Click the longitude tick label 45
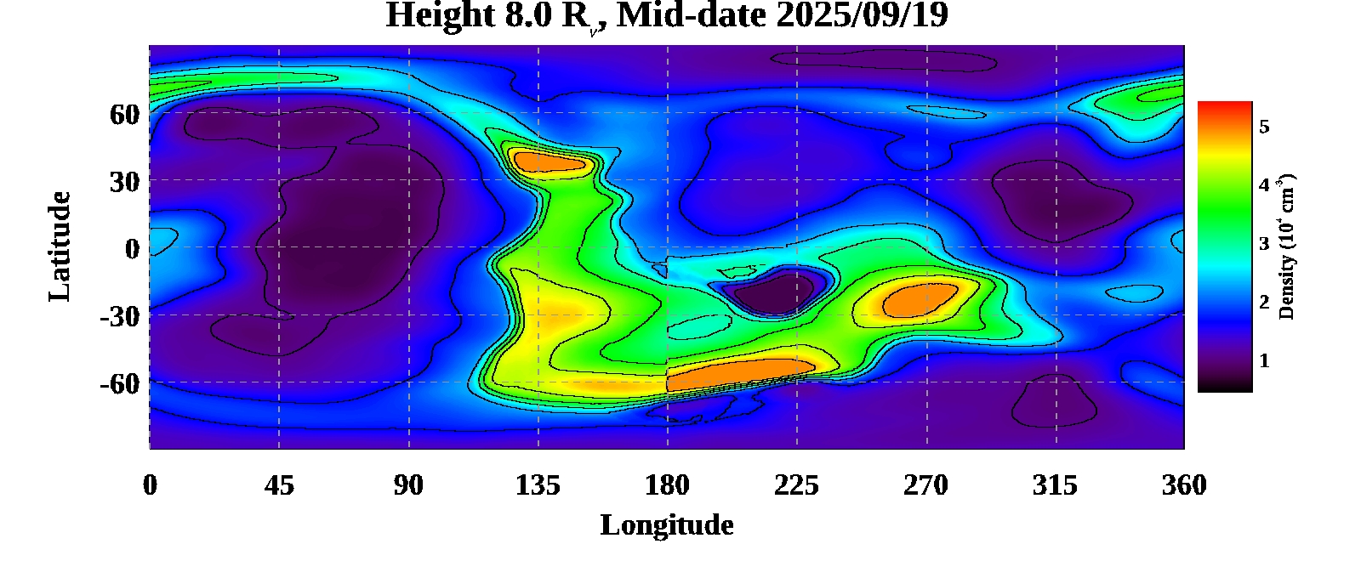[x=279, y=485]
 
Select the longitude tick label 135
[x=538, y=485]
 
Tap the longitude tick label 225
[x=796, y=485]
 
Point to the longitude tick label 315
[x=1055, y=485]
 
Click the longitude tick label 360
[x=1184, y=485]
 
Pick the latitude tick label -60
[x=119, y=383]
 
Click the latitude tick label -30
[x=119, y=316]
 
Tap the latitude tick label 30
[x=124, y=181]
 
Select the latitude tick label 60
[x=124, y=114]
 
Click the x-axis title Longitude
[x=667, y=525]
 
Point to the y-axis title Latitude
[x=60, y=246]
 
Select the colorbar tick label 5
[x=1264, y=127]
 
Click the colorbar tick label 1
[x=1264, y=360]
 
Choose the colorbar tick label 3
[x=1264, y=244]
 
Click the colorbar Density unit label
[x=1286, y=246]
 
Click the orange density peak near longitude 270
[x=919, y=299]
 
